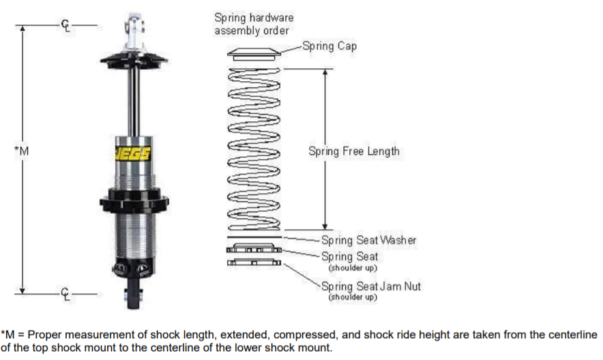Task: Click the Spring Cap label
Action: click(329, 46)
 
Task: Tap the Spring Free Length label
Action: click(353, 151)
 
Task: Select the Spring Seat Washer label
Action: click(368, 240)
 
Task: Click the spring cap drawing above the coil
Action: click(253, 55)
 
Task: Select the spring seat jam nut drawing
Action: click(253, 262)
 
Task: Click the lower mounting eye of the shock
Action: click(133, 295)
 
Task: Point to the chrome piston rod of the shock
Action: click(134, 95)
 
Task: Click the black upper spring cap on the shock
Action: click(134, 58)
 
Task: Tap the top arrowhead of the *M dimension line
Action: click(23, 30)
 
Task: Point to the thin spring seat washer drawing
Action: click(253, 238)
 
